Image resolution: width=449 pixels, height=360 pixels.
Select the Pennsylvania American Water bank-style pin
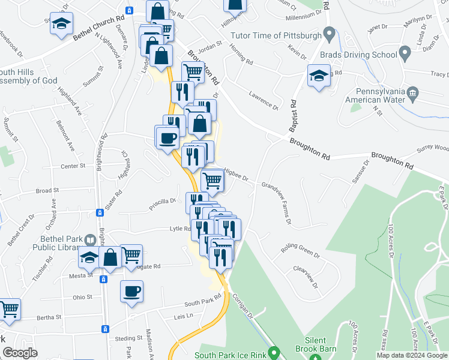412,94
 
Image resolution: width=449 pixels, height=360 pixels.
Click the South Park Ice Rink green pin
274,353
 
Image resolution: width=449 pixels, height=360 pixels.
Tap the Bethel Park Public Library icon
90,241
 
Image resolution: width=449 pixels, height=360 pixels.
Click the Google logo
20,353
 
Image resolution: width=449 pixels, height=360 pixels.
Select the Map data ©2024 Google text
412,355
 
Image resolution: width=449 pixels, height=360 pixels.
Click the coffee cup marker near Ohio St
131,292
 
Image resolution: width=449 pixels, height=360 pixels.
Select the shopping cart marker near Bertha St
9,309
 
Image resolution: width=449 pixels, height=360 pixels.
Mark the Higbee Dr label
237,173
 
